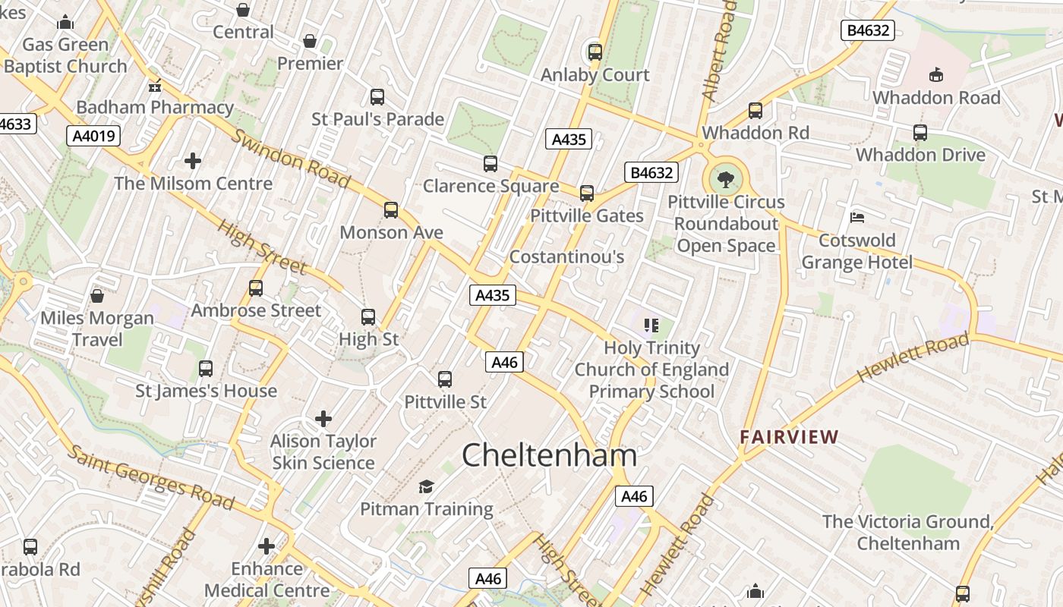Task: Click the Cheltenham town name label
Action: click(x=549, y=454)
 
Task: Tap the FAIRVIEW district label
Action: click(x=790, y=437)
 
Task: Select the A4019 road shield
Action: click(x=94, y=136)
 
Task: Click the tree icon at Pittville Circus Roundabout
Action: click(x=726, y=180)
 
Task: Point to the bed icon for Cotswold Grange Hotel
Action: click(x=857, y=218)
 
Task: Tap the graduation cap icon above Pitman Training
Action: click(x=426, y=486)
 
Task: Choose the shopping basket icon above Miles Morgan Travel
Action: click(x=97, y=295)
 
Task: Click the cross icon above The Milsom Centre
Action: click(x=193, y=161)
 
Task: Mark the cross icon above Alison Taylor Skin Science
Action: click(x=323, y=418)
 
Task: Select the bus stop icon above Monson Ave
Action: click(x=391, y=210)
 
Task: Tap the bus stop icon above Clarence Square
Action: click(x=490, y=164)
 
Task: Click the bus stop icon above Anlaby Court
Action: click(x=595, y=52)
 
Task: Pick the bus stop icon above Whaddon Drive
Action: click(x=920, y=133)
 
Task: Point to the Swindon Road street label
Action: click(x=291, y=158)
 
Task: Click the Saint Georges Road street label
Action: click(x=150, y=476)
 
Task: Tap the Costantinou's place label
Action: click(x=566, y=256)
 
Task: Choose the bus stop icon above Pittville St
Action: click(x=445, y=379)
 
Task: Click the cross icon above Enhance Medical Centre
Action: click(x=267, y=546)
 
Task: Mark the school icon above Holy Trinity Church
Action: click(x=651, y=326)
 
